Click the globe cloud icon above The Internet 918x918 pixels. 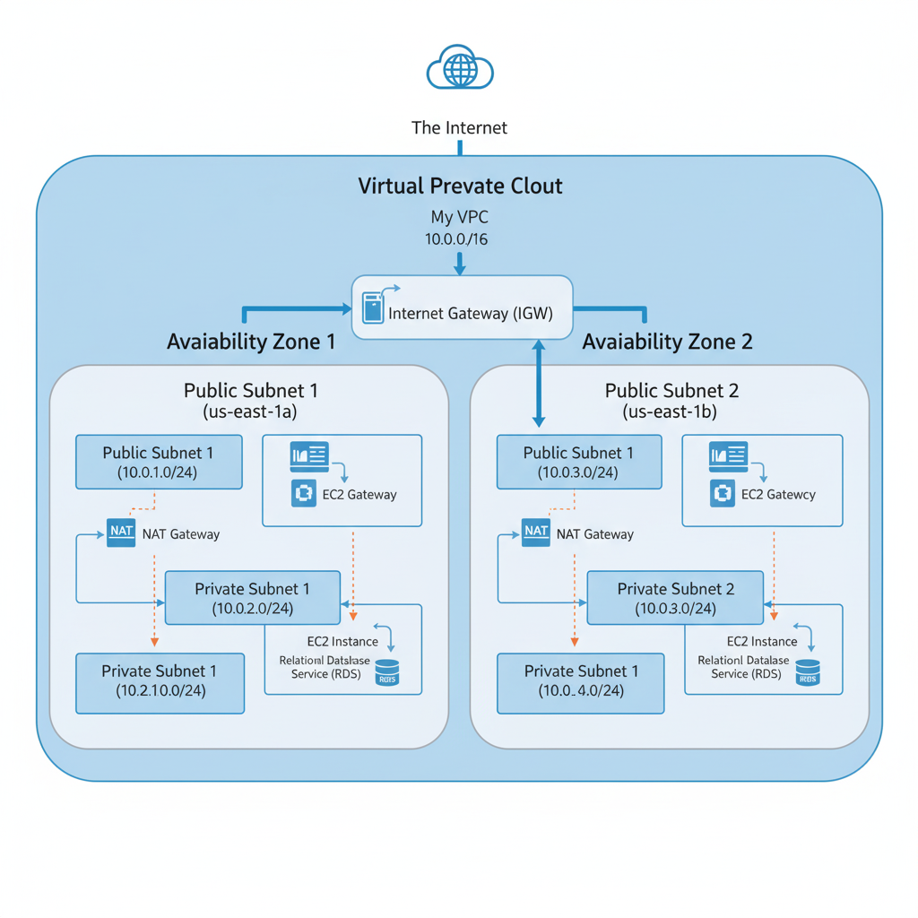click(460, 68)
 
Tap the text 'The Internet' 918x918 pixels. click(459, 128)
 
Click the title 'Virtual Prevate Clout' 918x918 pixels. click(460, 186)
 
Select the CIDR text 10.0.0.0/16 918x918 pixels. click(456, 239)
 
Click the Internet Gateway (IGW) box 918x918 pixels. click(462, 307)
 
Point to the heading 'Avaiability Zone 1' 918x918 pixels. click(251, 342)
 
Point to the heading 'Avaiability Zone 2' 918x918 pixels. click(667, 342)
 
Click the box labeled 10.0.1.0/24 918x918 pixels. click(159, 462)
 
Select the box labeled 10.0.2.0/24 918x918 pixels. click(252, 598)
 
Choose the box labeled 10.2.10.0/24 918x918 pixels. click(160, 681)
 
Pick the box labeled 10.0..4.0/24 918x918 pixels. click(581, 681)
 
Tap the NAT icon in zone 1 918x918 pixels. click(121, 532)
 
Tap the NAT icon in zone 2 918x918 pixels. click(536, 532)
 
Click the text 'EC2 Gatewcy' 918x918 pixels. click(778, 494)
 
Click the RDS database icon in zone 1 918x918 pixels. click(387, 673)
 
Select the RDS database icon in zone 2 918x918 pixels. click(808, 673)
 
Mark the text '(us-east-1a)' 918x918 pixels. click(250, 412)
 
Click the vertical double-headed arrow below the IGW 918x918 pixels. click(539, 383)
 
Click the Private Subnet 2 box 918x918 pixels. click(674, 598)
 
